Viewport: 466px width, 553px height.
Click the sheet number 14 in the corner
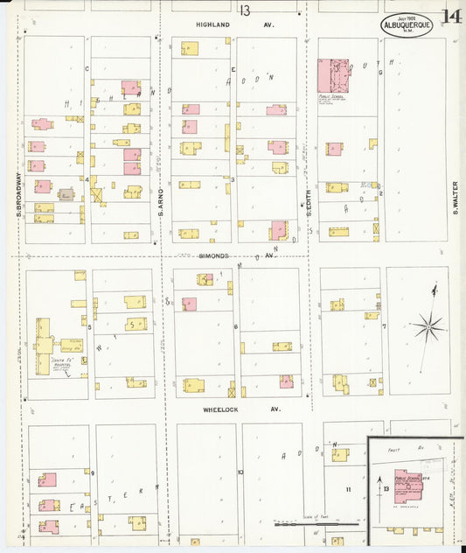pyautogui.click(x=451, y=17)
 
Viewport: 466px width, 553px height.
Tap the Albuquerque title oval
pyautogui.click(x=407, y=25)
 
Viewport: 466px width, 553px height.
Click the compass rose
pyautogui.click(x=428, y=327)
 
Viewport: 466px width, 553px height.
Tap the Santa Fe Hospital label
pyautogui.click(x=60, y=361)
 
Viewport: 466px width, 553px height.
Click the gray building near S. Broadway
pyautogui.click(x=66, y=193)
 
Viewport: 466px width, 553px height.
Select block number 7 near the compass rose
pyautogui.click(x=384, y=326)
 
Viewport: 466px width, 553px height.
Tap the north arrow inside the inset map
pyautogui.click(x=379, y=480)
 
